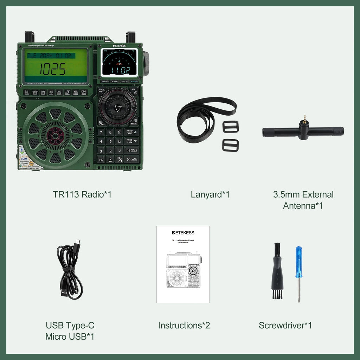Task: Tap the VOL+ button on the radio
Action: click(x=132, y=150)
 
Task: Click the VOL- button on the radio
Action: click(x=132, y=160)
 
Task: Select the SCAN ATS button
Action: click(x=102, y=90)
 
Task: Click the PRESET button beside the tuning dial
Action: click(x=134, y=122)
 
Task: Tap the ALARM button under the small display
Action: click(x=115, y=82)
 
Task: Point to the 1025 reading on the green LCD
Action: click(x=52, y=69)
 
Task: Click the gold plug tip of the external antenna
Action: click(x=304, y=117)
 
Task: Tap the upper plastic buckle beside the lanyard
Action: click(x=231, y=127)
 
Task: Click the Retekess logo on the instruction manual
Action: click(x=183, y=233)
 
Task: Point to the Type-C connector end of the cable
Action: click(x=77, y=242)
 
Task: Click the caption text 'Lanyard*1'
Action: click(x=210, y=194)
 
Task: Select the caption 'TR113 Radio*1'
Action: click(x=82, y=194)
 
